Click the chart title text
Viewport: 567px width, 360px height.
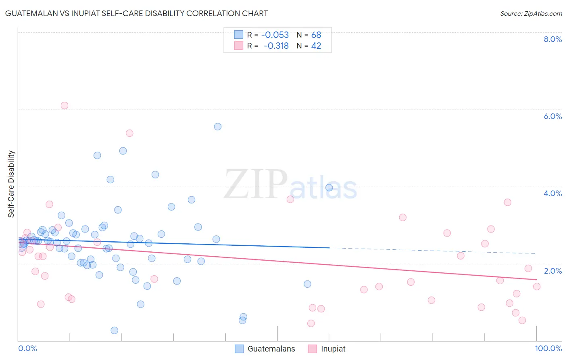click(136, 13)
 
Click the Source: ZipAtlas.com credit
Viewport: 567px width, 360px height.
click(531, 13)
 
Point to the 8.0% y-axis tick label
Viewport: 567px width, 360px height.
click(552, 39)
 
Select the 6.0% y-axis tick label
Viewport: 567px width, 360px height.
click(552, 116)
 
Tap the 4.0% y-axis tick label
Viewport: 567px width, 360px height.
click(552, 193)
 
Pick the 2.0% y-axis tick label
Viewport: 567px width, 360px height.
click(552, 270)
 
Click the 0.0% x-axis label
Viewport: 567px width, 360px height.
click(27, 348)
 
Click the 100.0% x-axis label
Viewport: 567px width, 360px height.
click(548, 348)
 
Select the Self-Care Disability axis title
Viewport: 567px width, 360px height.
click(11, 184)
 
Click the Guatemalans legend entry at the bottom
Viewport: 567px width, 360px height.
click(271, 349)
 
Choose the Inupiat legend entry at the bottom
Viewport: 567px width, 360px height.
click(333, 349)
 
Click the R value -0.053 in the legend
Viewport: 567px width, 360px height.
click(275, 35)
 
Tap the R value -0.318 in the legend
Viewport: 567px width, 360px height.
click(276, 46)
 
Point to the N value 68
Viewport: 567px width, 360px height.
click(316, 35)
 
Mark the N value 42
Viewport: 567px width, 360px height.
click(316, 46)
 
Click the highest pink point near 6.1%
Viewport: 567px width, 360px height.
click(65, 105)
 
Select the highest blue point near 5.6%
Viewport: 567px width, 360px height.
click(218, 127)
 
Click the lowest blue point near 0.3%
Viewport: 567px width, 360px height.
click(115, 331)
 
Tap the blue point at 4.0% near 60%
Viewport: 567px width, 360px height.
click(329, 188)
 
